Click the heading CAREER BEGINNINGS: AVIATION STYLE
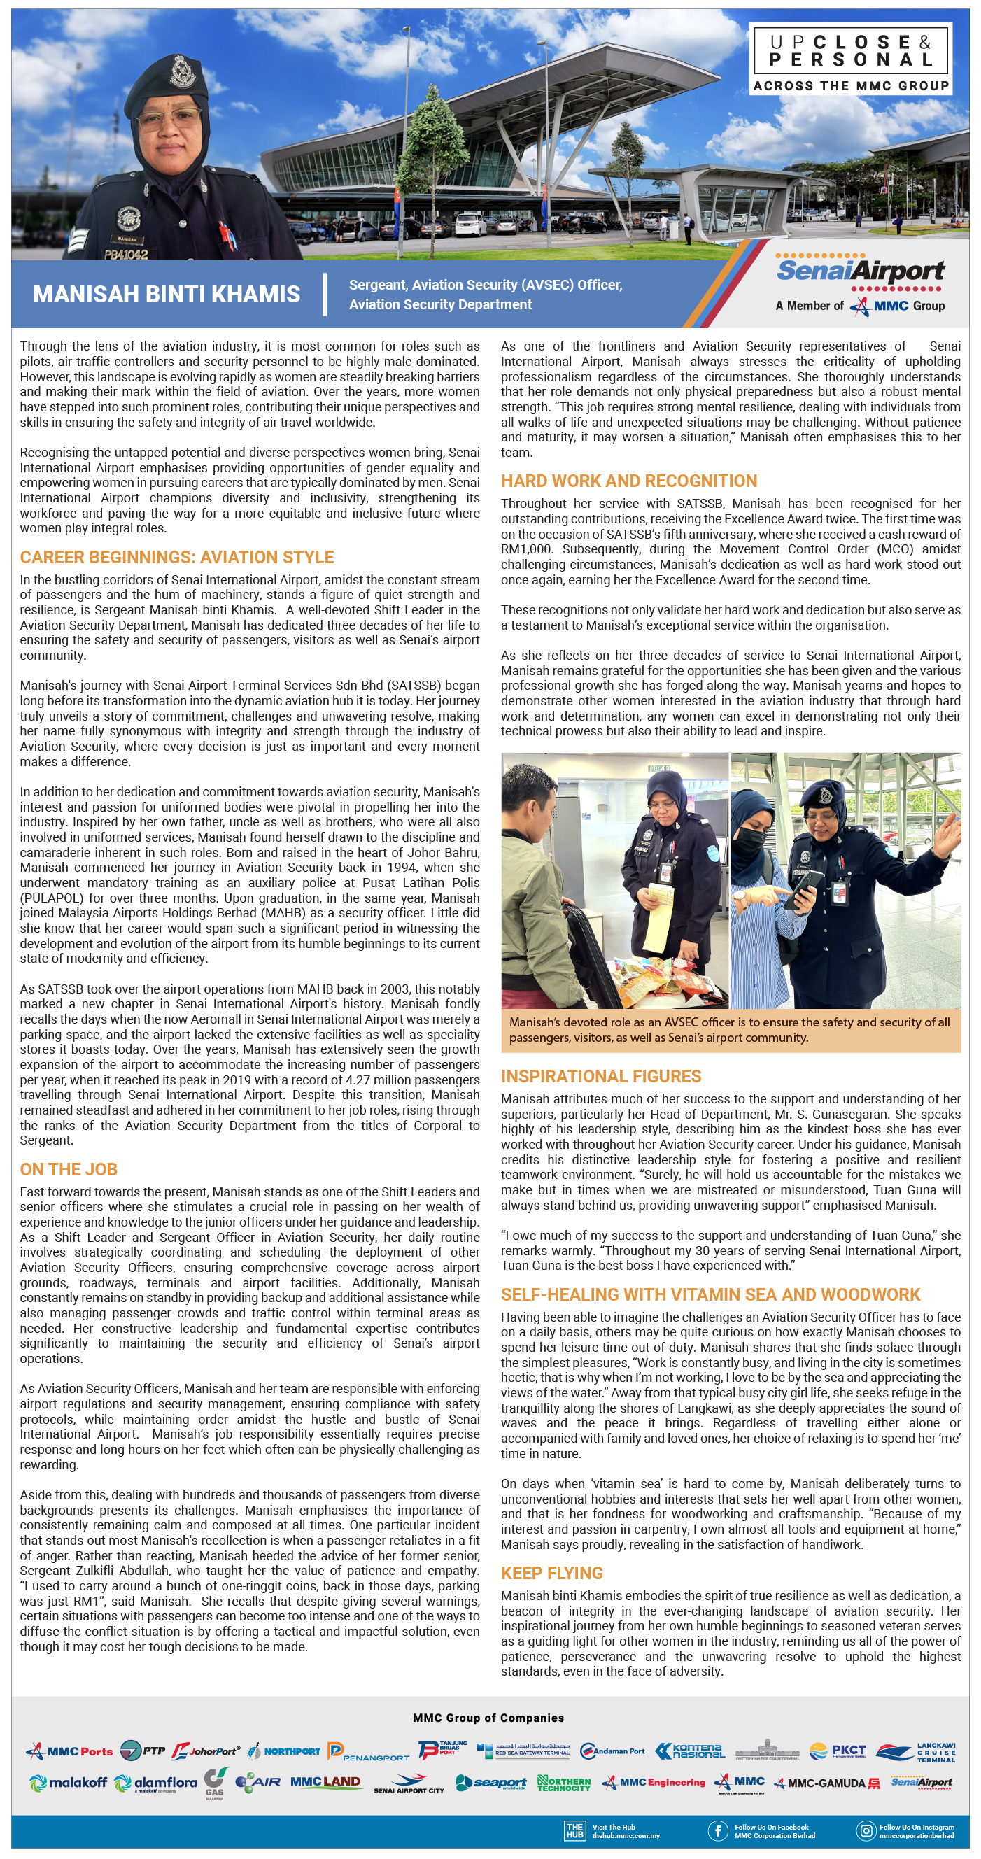point(177,557)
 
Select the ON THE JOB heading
point(69,1169)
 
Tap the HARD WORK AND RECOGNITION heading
point(629,481)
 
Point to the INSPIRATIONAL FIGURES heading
point(600,1076)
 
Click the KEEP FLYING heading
point(551,1573)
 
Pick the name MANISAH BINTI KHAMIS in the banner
point(166,294)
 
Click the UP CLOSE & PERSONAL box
point(851,59)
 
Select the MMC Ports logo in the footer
point(70,1751)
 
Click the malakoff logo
point(68,1783)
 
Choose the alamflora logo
point(156,1783)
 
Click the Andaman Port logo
point(612,1751)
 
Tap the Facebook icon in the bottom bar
point(717,1830)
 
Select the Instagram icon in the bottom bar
point(865,1830)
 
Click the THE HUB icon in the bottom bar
point(574,1830)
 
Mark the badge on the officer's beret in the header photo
point(178,72)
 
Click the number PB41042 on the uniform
point(126,254)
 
